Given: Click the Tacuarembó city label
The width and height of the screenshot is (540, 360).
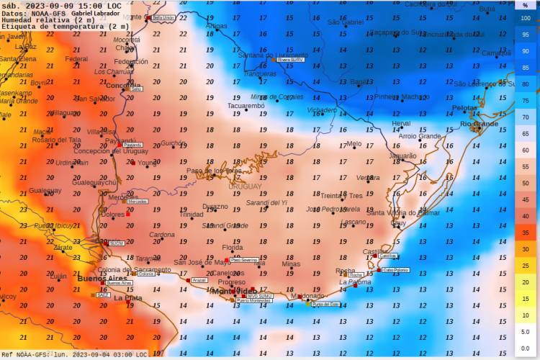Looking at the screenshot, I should (x=246, y=105).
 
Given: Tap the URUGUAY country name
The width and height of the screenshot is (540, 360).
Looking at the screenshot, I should (x=246, y=186).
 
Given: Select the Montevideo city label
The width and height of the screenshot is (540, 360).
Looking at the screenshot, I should (x=233, y=291).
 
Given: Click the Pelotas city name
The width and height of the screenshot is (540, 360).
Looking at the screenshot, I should (x=464, y=107).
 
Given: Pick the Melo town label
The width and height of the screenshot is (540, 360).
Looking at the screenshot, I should (x=354, y=143).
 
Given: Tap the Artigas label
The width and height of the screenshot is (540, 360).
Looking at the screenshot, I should (x=216, y=26).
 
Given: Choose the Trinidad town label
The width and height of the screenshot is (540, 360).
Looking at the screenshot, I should (x=192, y=215).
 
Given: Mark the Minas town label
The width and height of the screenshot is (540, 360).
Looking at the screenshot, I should (x=291, y=264).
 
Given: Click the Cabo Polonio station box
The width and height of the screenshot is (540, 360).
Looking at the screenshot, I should (x=396, y=270).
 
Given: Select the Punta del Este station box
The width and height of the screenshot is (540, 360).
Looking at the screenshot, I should (x=325, y=305).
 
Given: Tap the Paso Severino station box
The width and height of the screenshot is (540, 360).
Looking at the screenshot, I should (x=244, y=259).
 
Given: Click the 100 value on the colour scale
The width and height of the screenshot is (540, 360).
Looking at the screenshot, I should (x=526, y=18).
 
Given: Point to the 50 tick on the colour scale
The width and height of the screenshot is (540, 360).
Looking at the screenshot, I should (x=526, y=183).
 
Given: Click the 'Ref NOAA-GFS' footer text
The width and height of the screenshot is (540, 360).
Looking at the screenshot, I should (x=24, y=354).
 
